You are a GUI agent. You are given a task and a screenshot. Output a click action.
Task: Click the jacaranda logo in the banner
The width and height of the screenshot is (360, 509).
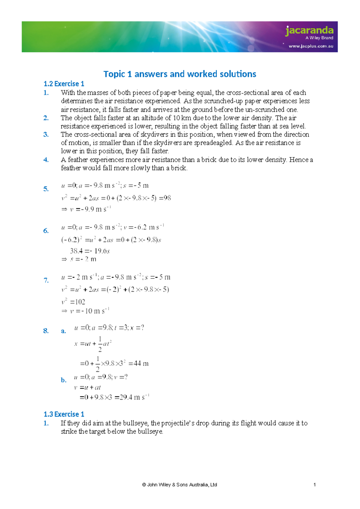[x=309, y=31]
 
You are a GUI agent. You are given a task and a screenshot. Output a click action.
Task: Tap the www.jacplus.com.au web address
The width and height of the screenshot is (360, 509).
[x=311, y=46]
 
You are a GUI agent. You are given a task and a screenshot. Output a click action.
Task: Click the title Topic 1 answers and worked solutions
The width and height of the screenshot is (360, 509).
[x=180, y=74]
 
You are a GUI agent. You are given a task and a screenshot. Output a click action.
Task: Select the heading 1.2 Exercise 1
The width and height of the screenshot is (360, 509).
[x=64, y=84]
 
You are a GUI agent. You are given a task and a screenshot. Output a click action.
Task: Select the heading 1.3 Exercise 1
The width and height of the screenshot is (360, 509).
[x=64, y=414]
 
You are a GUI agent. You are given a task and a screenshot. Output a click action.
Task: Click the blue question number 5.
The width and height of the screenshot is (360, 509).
[x=46, y=189]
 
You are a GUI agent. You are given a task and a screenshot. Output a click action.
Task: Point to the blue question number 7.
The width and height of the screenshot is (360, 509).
[x=46, y=280]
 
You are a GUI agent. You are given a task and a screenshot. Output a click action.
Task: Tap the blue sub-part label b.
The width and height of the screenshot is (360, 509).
[x=63, y=380]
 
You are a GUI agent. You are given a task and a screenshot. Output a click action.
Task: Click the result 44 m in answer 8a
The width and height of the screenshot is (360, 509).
[x=141, y=363]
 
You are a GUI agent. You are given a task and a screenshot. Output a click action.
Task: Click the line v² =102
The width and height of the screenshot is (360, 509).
[x=73, y=302]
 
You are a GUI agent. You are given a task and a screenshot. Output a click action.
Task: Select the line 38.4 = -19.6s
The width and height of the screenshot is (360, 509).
[x=90, y=251]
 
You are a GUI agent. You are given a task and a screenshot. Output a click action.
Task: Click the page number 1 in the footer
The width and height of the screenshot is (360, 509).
[x=314, y=485]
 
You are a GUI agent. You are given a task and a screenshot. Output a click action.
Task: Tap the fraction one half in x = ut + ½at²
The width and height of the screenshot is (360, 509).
[x=100, y=344]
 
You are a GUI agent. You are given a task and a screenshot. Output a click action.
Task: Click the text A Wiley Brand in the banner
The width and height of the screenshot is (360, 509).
[x=319, y=38]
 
